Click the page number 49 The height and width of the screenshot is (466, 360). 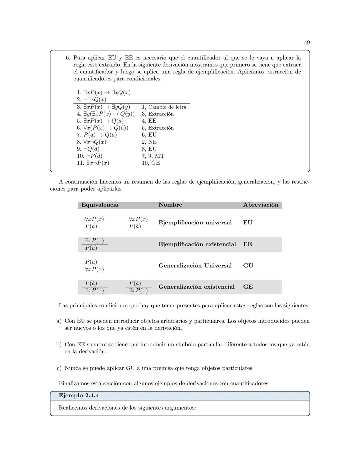(307, 42)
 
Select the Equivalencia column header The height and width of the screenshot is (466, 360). (100, 205)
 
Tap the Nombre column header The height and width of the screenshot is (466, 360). (170, 205)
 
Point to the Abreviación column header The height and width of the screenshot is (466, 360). (261, 205)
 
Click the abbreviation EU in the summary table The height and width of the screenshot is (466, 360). (248, 223)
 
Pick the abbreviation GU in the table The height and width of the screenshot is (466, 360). (248, 266)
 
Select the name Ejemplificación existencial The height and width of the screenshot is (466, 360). (197, 244)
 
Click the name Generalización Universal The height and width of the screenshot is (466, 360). (195, 266)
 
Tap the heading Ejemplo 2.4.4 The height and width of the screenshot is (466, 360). (79, 396)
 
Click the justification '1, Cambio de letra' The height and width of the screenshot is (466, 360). (164, 107)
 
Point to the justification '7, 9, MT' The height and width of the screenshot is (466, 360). (153, 156)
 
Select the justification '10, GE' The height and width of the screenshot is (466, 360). (151, 163)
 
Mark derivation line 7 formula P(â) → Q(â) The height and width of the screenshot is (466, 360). (100, 135)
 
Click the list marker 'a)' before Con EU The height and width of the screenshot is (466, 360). (59, 321)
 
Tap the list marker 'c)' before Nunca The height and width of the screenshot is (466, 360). (59, 368)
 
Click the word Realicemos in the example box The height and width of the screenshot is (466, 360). (72, 408)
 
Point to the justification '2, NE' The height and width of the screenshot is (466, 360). (149, 142)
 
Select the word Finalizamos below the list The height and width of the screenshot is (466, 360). (73, 383)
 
